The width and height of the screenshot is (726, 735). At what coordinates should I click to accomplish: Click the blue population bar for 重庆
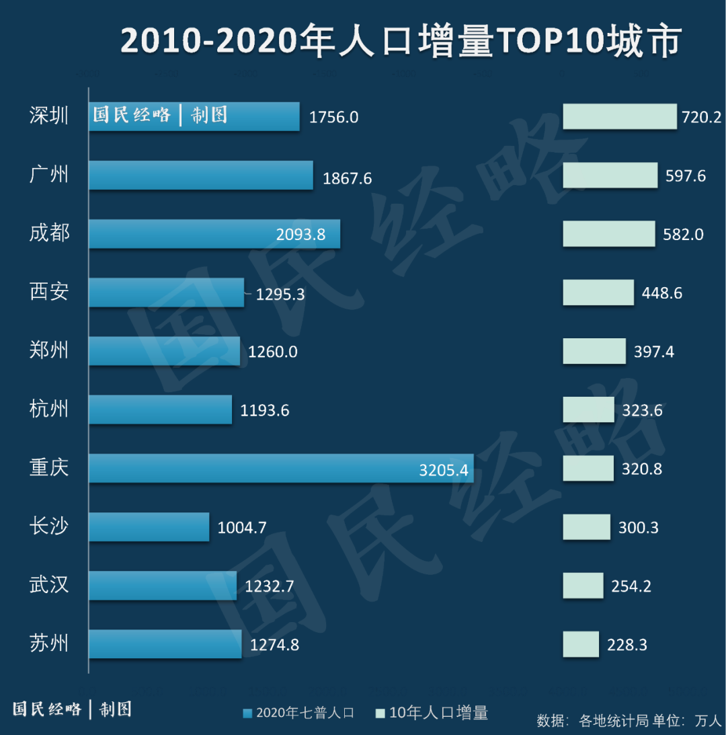[281, 468]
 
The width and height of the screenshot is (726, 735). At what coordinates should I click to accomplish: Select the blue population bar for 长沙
[149, 527]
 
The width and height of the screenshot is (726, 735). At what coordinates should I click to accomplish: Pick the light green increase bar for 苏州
[581, 644]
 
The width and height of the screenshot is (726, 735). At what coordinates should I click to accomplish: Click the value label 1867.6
[347, 178]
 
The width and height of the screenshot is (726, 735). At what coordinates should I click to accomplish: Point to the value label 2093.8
[300, 234]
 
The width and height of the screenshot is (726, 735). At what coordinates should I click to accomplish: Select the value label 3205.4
[443, 470]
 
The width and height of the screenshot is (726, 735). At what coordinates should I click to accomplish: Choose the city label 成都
[49, 233]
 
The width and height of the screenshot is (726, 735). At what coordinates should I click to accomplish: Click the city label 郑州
[49, 350]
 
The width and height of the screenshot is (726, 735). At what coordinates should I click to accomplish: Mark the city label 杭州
[49, 409]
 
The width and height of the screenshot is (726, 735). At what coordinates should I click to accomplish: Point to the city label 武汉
[49, 584]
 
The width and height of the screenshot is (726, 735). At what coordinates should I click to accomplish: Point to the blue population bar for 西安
[166, 293]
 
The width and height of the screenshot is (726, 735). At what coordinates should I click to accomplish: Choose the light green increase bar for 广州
[610, 176]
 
